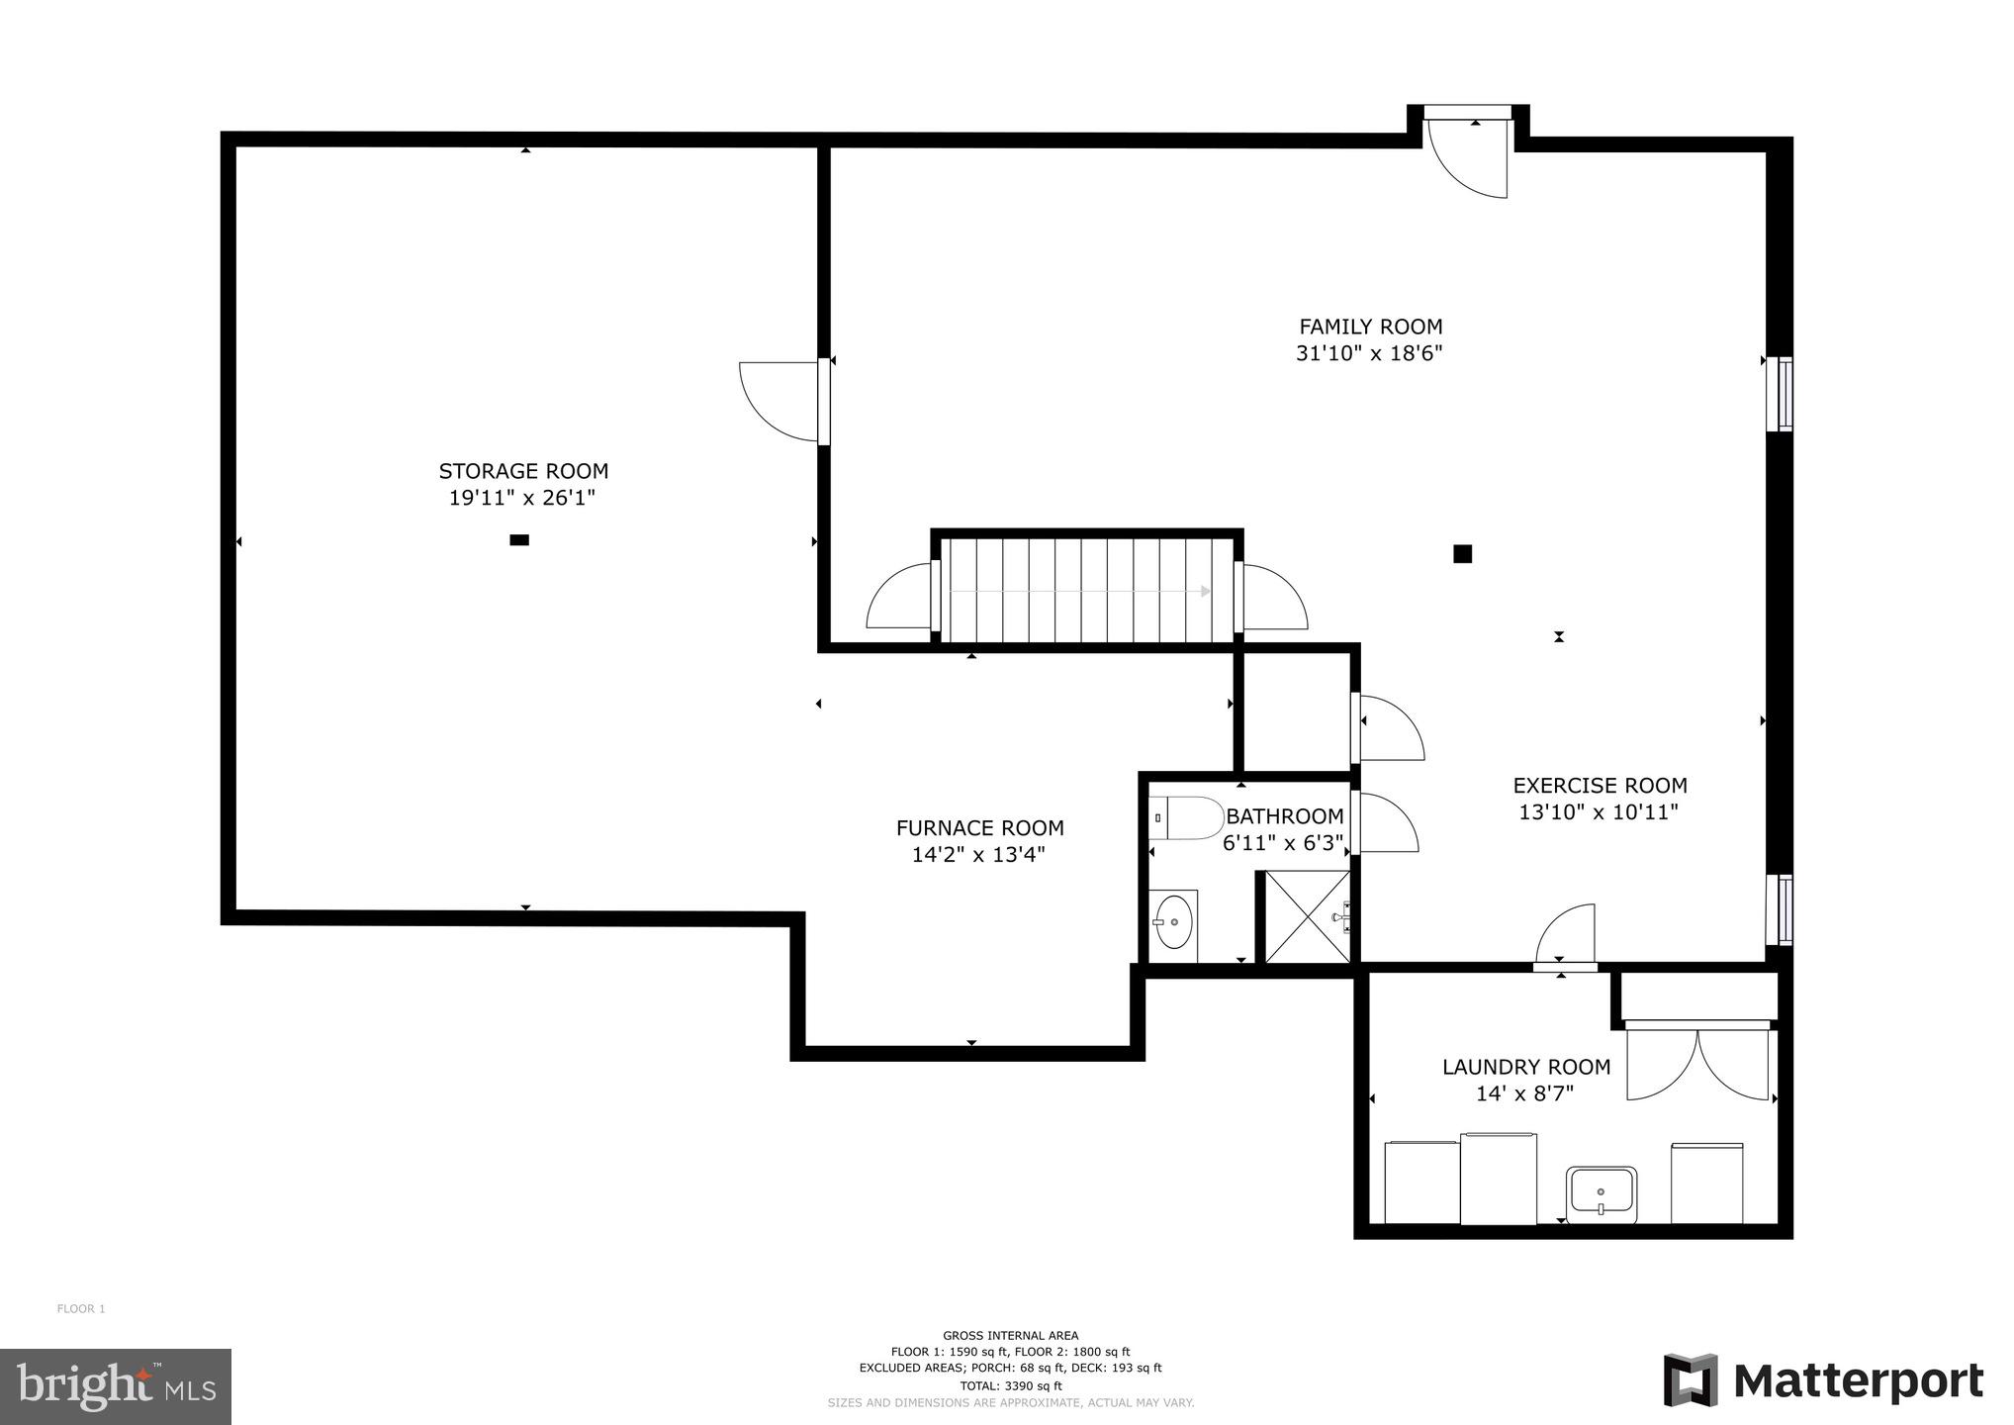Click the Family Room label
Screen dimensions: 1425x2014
point(1370,327)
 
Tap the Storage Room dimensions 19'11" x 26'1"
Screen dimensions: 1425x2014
point(522,498)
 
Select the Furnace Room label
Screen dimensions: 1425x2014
point(979,828)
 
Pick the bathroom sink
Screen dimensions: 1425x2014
point(1174,922)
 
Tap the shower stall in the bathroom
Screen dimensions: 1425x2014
point(1307,916)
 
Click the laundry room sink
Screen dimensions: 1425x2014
point(1601,1193)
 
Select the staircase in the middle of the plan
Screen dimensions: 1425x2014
point(1085,591)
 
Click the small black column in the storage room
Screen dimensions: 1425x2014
point(519,540)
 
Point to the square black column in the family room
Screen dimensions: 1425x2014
point(1462,554)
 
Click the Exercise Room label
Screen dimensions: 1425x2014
point(1600,786)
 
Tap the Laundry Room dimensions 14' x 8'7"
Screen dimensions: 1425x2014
point(1524,1093)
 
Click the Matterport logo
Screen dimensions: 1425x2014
point(1823,1380)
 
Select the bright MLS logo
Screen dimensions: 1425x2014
point(115,1386)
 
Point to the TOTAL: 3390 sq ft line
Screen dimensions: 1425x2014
point(1010,1385)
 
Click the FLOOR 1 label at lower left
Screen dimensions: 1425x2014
point(81,1308)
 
